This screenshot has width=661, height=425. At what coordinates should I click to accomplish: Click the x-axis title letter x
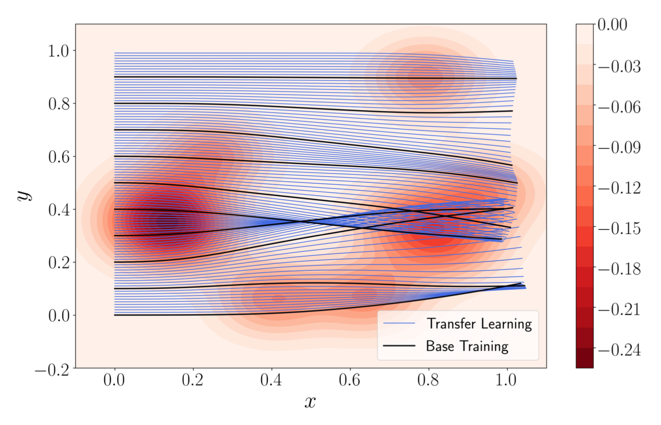309,402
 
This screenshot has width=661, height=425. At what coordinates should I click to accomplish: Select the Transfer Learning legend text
479,324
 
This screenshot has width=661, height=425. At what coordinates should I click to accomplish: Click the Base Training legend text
467,346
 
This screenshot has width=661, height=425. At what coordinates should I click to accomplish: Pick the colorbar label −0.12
619,188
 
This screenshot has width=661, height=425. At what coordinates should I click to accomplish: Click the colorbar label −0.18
619,269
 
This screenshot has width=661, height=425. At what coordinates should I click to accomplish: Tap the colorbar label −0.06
619,107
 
